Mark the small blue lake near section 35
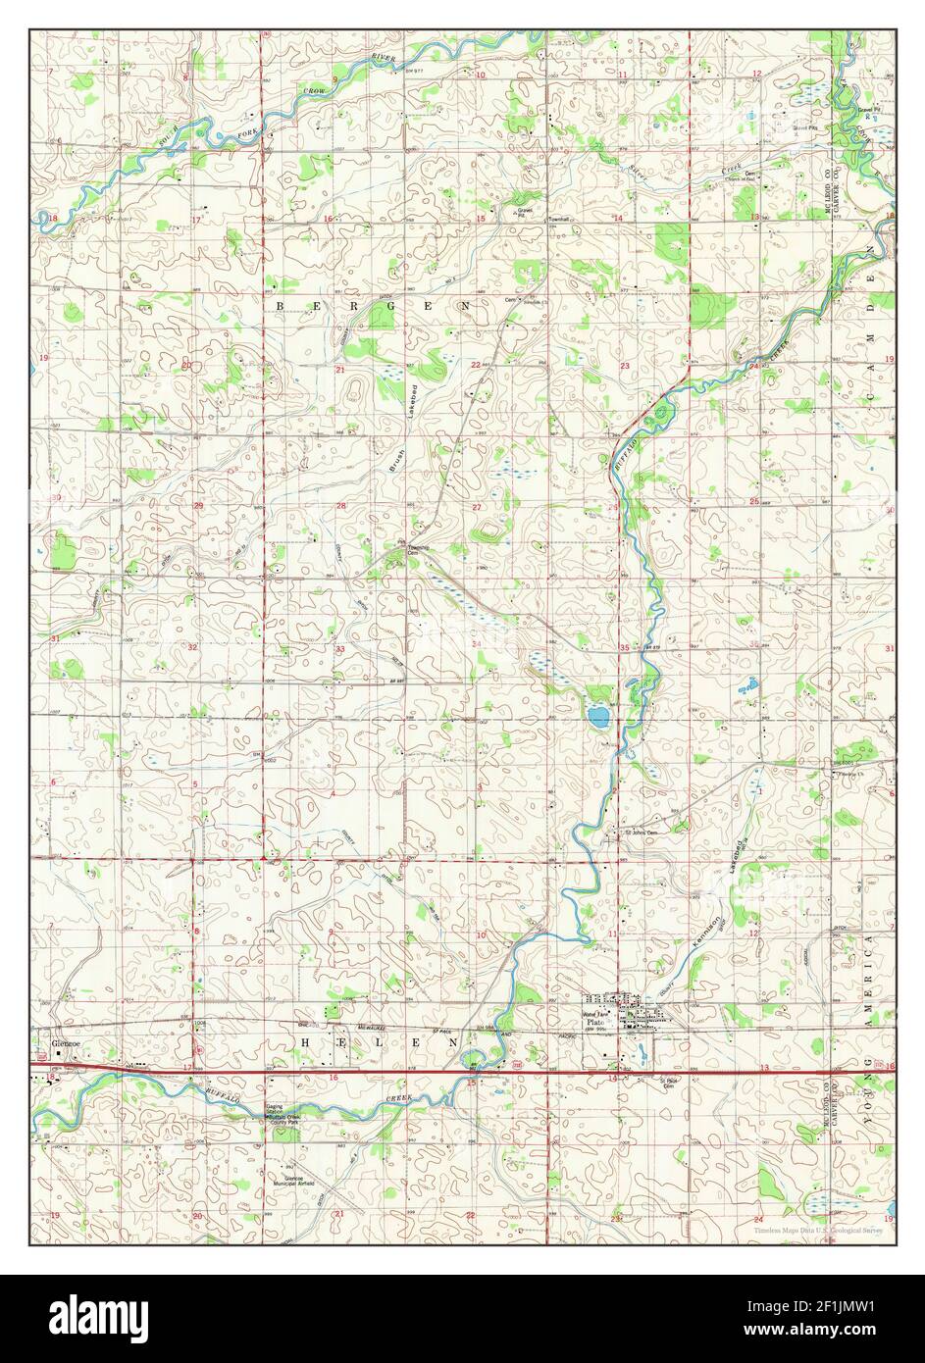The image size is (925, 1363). [x=597, y=716]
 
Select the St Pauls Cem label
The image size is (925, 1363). [x=668, y=1085]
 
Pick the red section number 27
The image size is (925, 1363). [x=477, y=507]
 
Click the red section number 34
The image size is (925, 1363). [x=477, y=644]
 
